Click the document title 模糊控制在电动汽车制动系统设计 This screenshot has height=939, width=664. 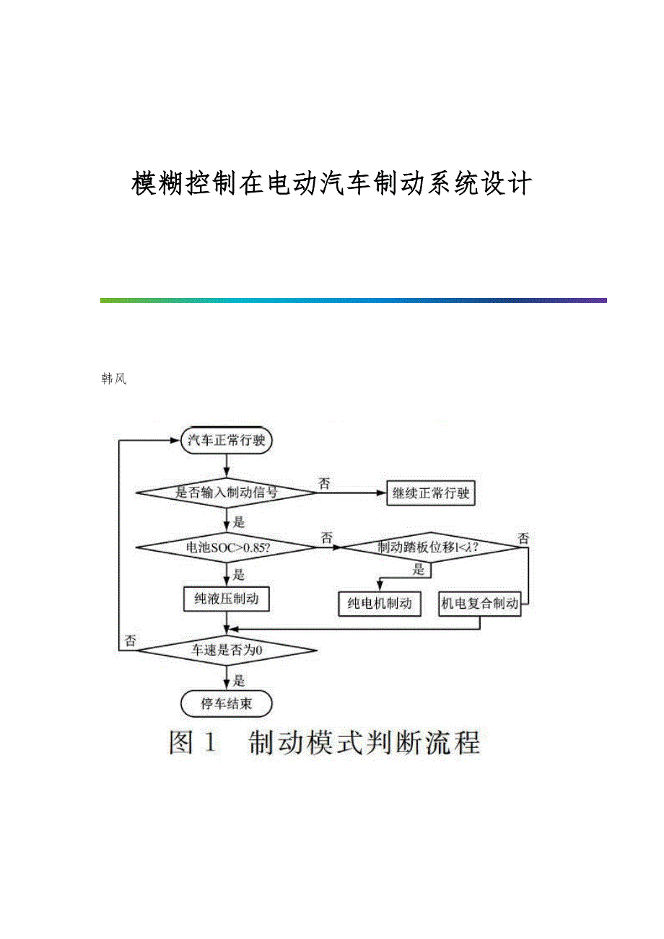click(x=332, y=184)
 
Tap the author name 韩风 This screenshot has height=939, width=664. click(x=114, y=379)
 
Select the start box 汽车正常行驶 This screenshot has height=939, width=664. click(x=227, y=441)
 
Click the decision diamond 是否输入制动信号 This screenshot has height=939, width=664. click(x=227, y=493)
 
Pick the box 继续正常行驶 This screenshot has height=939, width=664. click(x=431, y=493)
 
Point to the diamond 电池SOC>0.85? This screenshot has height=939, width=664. click(x=227, y=547)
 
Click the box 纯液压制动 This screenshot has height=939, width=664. click(x=227, y=599)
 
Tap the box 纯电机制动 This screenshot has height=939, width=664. click(x=379, y=604)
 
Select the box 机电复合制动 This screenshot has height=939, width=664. click(x=480, y=604)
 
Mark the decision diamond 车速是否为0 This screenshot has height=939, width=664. click(x=227, y=651)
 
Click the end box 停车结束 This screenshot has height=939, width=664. click(x=227, y=703)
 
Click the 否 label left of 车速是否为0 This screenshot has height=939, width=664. click(x=130, y=640)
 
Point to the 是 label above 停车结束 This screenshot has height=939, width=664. click(x=240, y=680)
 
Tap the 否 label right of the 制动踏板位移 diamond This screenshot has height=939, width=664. click(x=523, y=539)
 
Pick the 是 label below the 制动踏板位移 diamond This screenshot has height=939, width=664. click(x=419, y=570)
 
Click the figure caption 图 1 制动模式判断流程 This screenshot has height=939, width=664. click(x=324, y=743)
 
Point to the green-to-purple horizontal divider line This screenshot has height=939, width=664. click(x=354, y=300)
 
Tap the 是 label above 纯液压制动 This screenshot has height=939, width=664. click(x=240, y=575)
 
